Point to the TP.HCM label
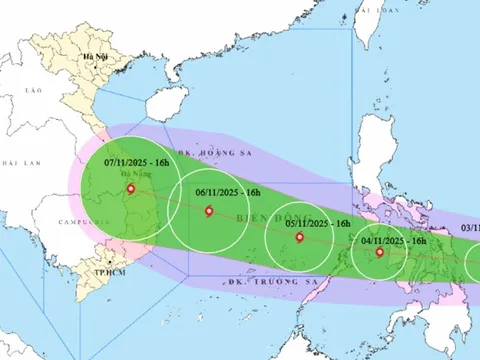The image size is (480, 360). (97, 272)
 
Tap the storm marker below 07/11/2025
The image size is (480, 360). (130, 188)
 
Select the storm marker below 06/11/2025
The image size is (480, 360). (208, 211)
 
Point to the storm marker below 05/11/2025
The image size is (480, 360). (300, 238)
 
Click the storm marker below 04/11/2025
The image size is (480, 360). (380, 252)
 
